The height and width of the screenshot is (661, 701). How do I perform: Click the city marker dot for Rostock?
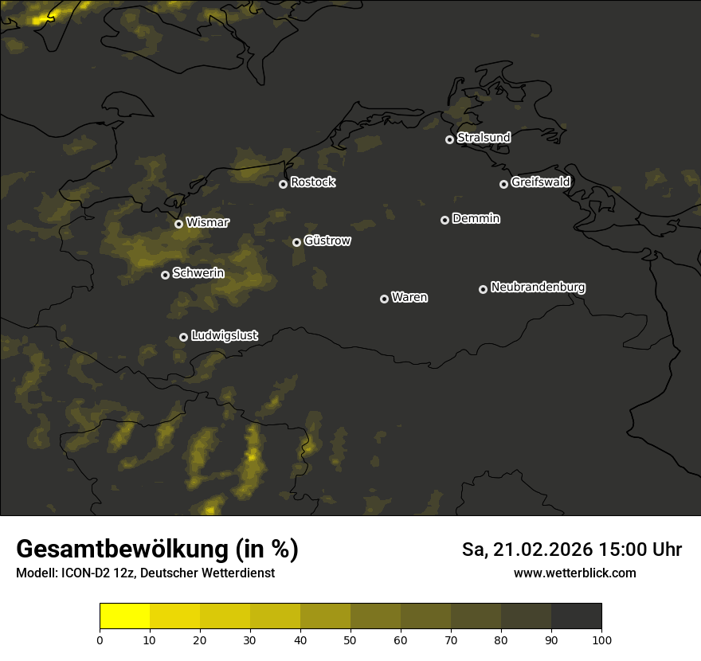coord(283,184)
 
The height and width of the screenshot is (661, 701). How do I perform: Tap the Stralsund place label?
coord(484,138)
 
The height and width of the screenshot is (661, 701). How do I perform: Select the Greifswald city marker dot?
coord(503,184)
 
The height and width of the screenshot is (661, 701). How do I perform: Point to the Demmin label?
coord(476,218)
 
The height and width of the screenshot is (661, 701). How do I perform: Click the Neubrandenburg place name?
coord(538,287)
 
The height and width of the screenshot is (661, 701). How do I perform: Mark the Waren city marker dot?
coord(384,299)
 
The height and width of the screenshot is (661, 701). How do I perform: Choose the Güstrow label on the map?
coord(327,241)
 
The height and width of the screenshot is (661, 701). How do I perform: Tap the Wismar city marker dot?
coord(178,224)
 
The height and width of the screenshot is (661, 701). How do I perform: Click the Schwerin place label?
coord(198,273)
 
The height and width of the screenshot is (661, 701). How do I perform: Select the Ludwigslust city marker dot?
coord(183,337)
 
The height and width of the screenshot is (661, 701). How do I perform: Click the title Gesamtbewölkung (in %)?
coord(157,550)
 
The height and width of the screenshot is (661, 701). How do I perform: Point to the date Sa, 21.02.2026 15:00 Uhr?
coord(571,550)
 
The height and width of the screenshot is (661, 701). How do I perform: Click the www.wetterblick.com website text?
coord(574,573)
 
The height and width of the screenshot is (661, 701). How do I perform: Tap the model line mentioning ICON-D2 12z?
coord(145,573)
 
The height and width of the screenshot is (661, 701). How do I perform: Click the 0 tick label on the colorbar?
coord(100,639)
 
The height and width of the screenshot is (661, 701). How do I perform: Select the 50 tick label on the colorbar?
coord(350,639)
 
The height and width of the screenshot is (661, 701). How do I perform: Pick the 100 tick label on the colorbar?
coord(601,639)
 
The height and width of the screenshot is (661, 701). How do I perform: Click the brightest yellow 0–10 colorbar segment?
coord(125,616)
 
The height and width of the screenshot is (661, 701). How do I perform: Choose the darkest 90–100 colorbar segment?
coord(576,616)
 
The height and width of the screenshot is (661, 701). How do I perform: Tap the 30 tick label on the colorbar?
coord(250,639)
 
